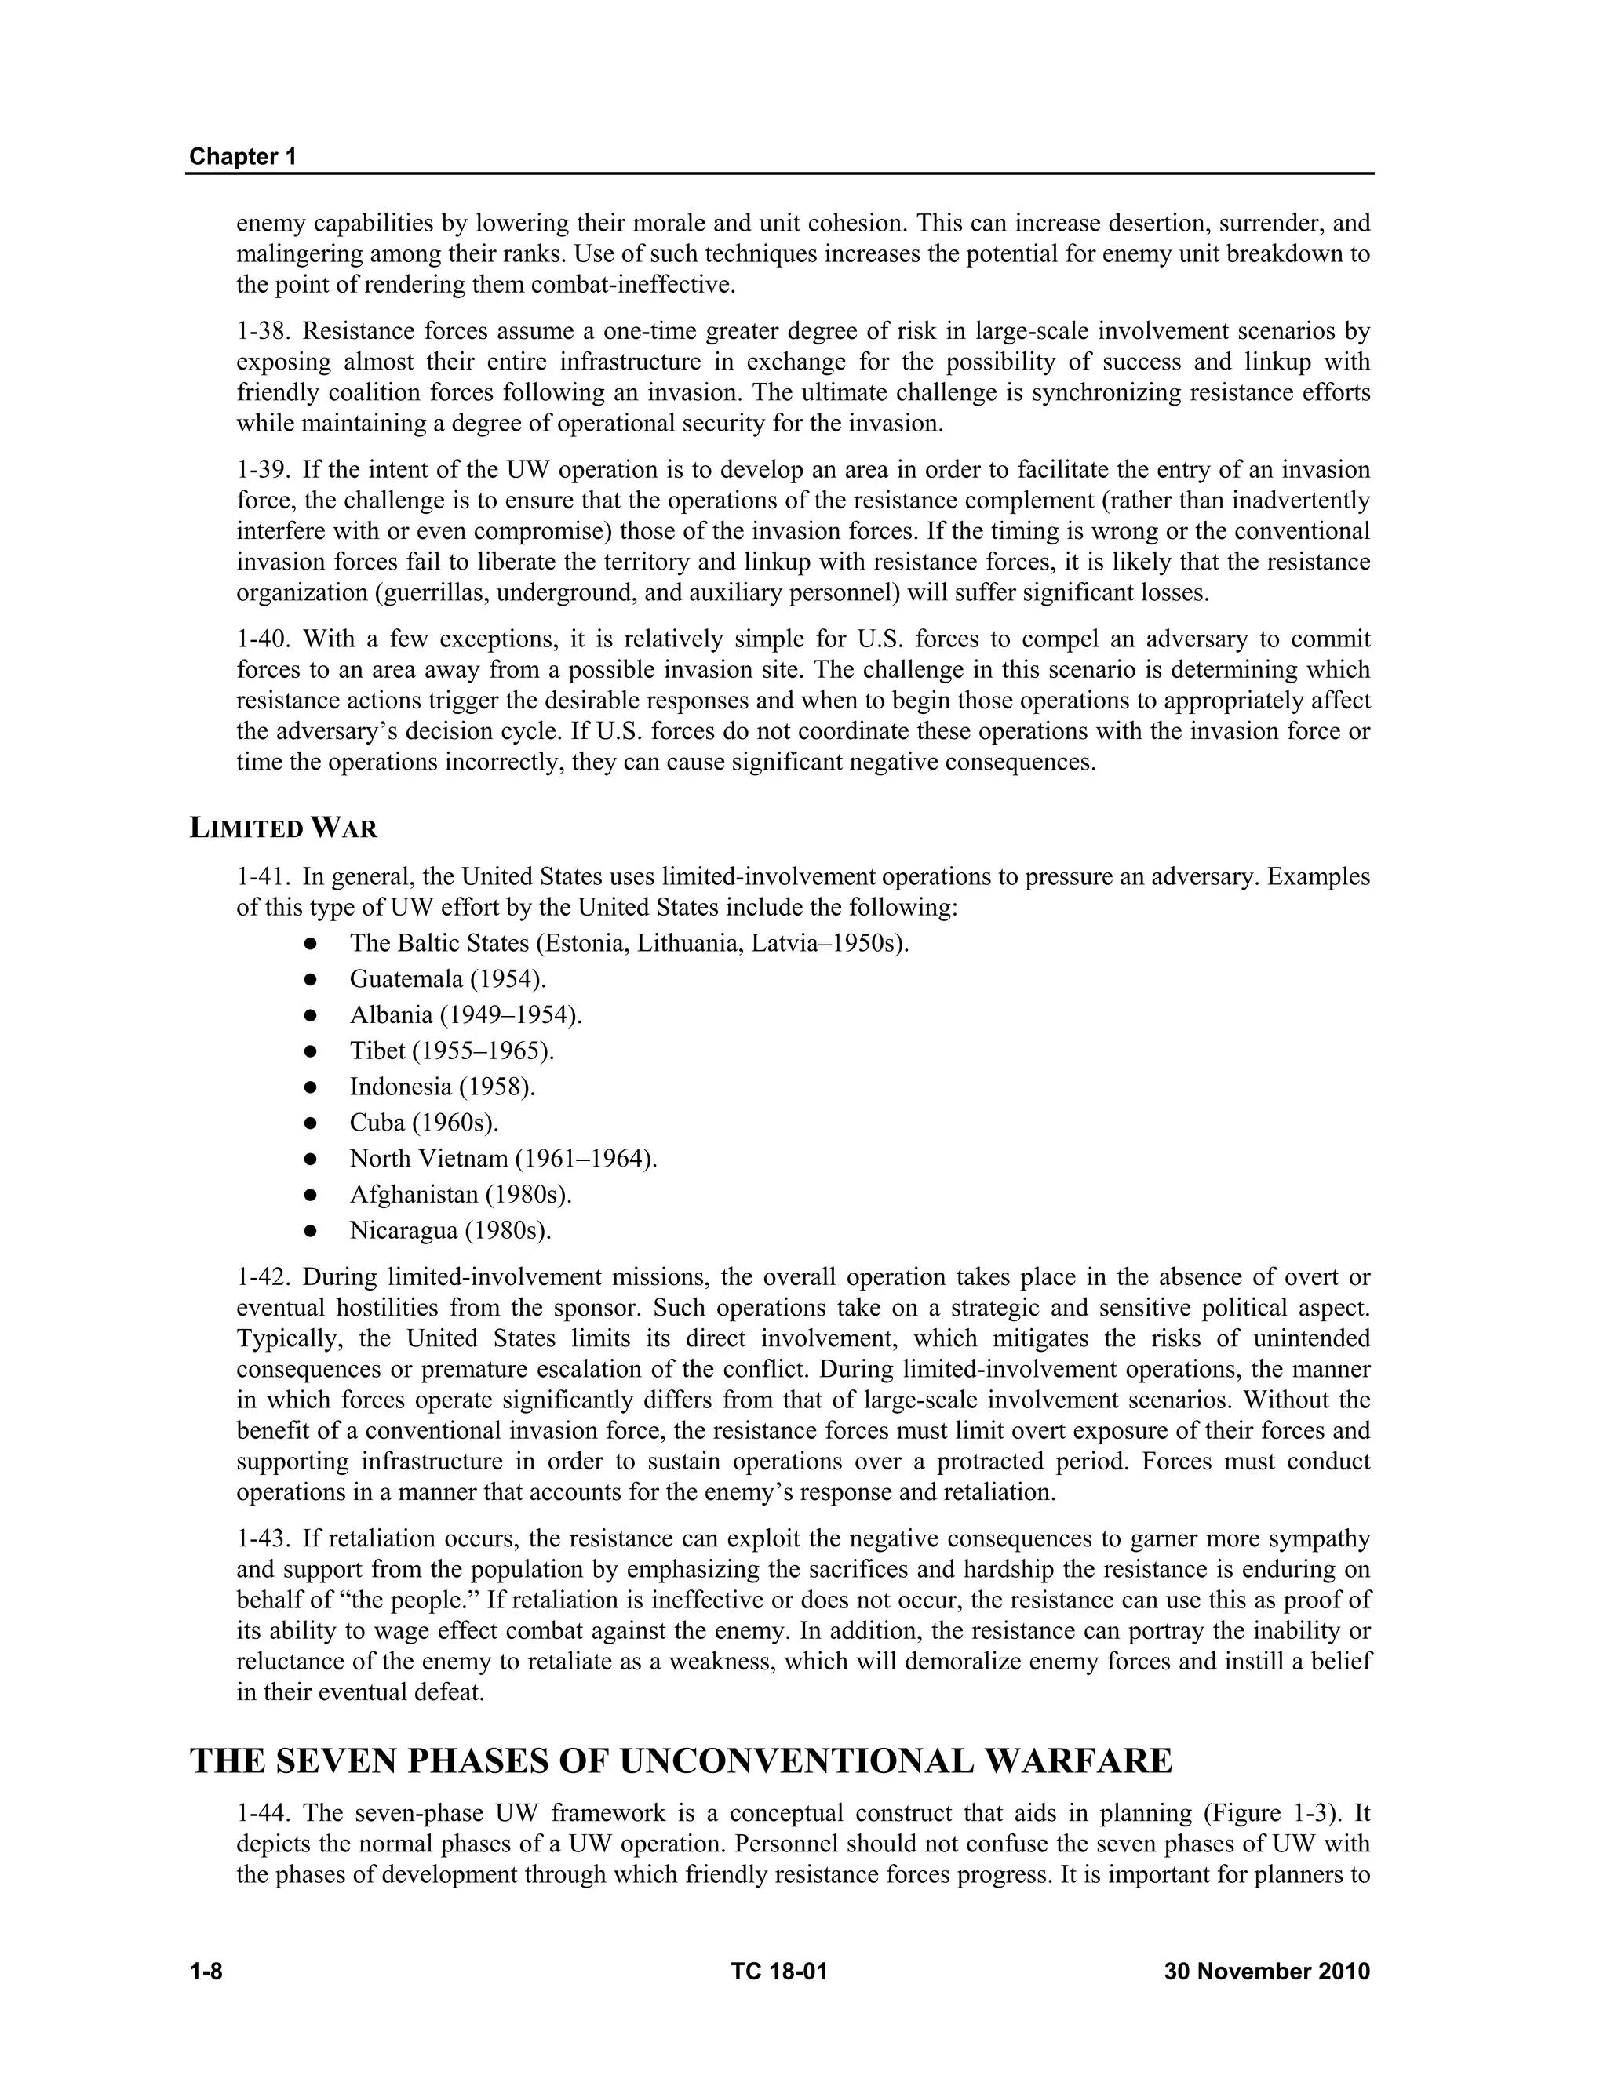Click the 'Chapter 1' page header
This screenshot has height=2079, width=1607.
(x=242, y=156)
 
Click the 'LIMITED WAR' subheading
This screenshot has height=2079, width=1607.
(x=284, y=828)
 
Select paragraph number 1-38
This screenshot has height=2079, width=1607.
(x=263, y=331)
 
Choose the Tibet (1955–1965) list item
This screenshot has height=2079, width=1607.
(x=451, y=1051)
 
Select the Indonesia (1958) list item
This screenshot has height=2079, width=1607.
(x=442, y=1086)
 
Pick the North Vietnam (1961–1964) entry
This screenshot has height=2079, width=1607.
(x=503, y=1159)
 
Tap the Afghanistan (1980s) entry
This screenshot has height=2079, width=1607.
(x=460, y=1194)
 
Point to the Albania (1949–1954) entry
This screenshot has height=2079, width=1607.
(x=465, y=1014)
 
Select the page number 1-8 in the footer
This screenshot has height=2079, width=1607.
(x=206, y=1971)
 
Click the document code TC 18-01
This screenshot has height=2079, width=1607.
(x=778, y=1971)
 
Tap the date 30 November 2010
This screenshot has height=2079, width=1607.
(x=1266, y=1971)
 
